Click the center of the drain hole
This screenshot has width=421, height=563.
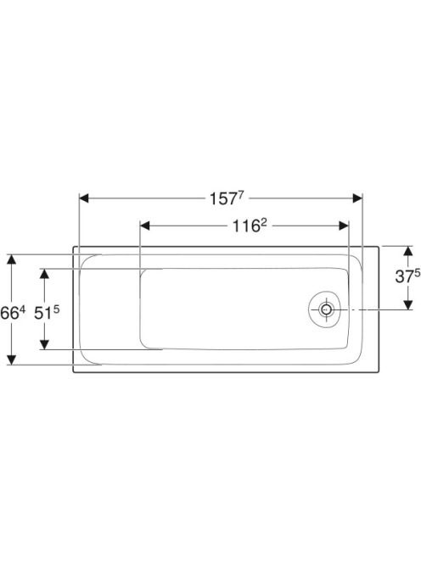pyautogui.click(x=326, y=309)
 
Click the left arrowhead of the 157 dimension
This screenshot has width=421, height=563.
pyautogui.click(x=84, y=198)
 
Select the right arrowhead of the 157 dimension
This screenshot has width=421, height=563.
pyautogui.click(x=357, y=198)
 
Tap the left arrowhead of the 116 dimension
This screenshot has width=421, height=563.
pyautogui.click(x=144, y=226)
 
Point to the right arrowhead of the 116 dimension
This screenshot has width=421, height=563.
pyautogui.click(x=344, y=226)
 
